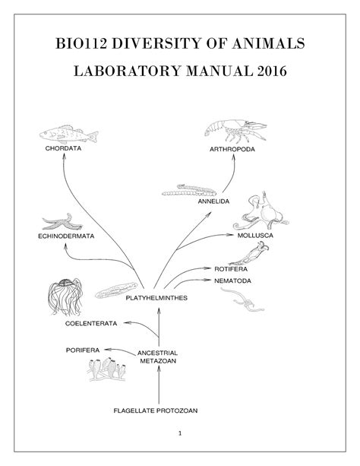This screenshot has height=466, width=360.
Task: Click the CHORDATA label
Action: tap(63, 148)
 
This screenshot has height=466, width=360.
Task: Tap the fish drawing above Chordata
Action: tap(68, 135)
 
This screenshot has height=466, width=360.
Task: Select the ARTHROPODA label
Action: tap(232, 149)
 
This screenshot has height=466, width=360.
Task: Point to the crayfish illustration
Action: tap(235, 131)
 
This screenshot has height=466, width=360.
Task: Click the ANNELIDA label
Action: tap(213, 201)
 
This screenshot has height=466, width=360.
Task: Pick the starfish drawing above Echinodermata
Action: tap(62, 222)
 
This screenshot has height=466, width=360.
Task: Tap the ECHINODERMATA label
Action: tap(66, 236)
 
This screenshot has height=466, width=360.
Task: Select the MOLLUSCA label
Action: tap(255, 236)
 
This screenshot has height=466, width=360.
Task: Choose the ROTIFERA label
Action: tap(231, 269)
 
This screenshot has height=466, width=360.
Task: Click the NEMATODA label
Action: tap(233, 281)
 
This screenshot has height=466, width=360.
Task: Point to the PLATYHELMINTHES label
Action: tap(156, 298)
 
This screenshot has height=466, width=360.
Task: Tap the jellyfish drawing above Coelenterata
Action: tap(65, 297)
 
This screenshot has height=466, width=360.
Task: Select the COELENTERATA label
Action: tap(91, 324)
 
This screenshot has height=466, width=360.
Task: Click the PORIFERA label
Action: tap(83, 350)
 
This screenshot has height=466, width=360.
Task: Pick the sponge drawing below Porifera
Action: tap(107, 369)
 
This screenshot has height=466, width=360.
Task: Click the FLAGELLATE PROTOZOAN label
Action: tap(156, 411)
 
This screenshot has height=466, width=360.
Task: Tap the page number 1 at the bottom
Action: tap(180, 433)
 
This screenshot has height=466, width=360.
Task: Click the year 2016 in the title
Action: tap(272, 71)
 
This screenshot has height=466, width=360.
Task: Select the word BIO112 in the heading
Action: tap(81, 43)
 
